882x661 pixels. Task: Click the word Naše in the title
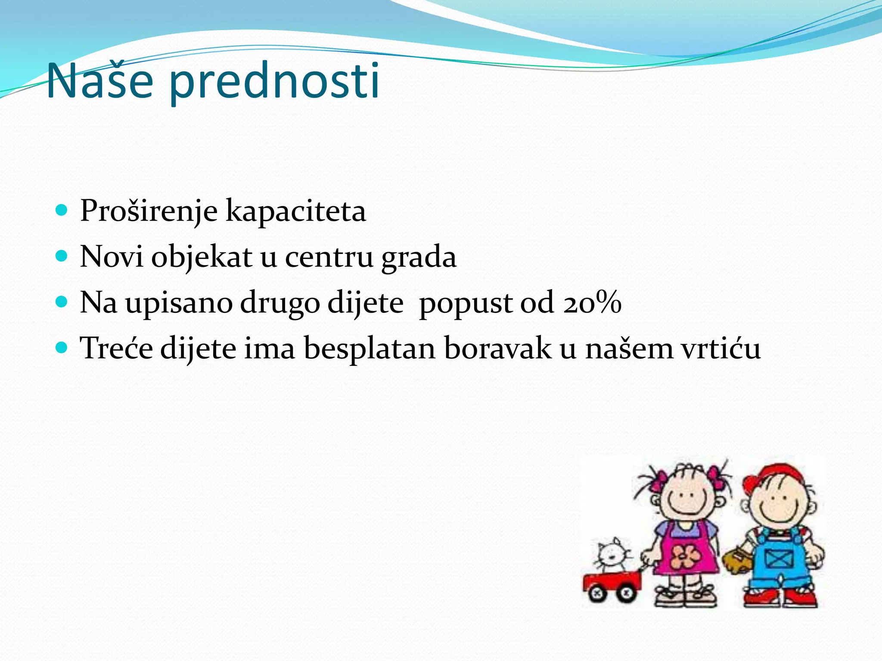pyautogui.click(x=100, y=81)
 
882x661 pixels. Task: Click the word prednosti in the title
pyautogui.click(x=274, y=82)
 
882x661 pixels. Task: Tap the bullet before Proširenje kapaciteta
pyautogui.click(x=62, y=210)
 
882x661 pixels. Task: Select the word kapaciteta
pyautogui.click(x=296, y=212)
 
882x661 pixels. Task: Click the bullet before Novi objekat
pyautogui.click(x=62, y=256)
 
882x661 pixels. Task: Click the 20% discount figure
pyautogui.click(x=592, y=303)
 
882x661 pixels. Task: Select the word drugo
pyautogui.click(x=280, y=304)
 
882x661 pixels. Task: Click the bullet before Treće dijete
pyautogui.click(x=62, y=347)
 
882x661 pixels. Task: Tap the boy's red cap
pyautogui.click(x=775, y=476)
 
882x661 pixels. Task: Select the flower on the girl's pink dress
pyautogui.click(x=683, y=556)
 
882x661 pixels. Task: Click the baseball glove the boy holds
pyautogui.click(x=737, y=560)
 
